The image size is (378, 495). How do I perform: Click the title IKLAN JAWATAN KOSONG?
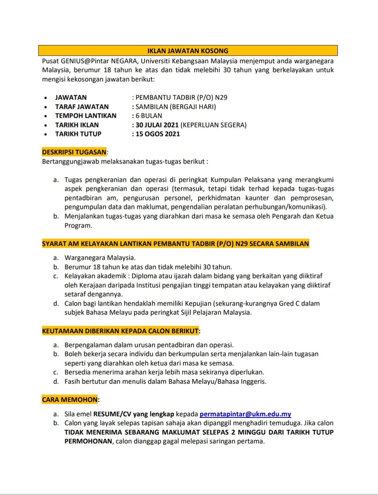[x=188, y=51]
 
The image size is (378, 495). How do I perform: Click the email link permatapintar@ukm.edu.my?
[x=245, y=414]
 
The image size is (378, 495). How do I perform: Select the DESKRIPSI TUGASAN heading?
[x=74, y=152]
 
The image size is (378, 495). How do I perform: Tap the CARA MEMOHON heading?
[x=70, y=400]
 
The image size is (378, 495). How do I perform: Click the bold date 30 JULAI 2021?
[x=157, y=125]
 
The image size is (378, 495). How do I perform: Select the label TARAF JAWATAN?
[x=82, y=107]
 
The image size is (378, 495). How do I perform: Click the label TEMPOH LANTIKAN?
[x=86, y=116]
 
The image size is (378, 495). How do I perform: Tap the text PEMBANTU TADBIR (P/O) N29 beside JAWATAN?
[x=181, y=97]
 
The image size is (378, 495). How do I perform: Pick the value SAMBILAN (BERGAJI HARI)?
[x=176, y=107]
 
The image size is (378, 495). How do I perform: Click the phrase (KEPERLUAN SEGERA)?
[x=214, y=125]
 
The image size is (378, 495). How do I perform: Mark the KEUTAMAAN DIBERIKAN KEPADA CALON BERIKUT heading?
[x=120, y=331]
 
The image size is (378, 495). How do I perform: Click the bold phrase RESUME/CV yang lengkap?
[x=134, y=414]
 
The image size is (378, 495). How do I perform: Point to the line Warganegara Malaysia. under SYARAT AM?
[x=100, y=258]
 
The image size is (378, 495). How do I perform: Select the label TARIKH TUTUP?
[x=78, y=134]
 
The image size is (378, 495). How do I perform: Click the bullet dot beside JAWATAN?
[x=46, y=98]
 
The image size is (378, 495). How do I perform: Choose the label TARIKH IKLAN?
[x=77, y=125]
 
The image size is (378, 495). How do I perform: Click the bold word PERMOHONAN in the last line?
[x=88, y=441]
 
